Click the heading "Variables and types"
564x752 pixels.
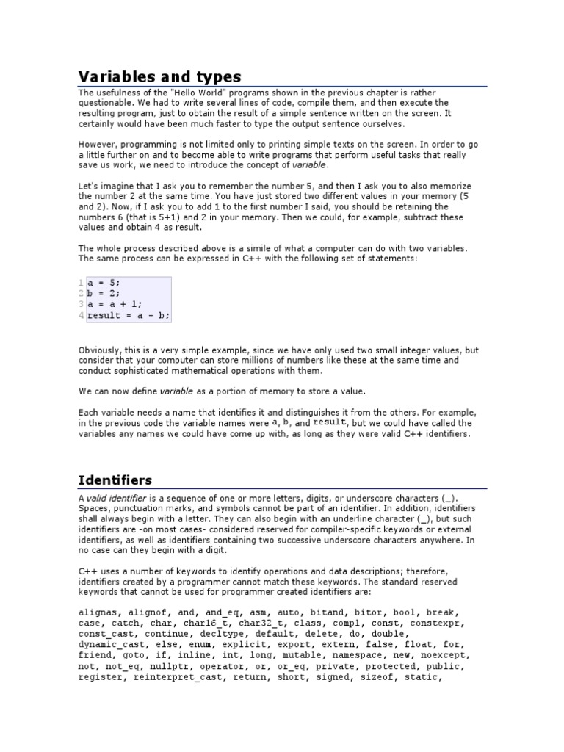pos(159,76)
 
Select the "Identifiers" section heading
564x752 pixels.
pos(115,480)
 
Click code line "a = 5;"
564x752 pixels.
pos(104,282)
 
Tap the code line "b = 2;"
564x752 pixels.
pos(104,293)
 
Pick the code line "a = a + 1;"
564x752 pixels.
pos(115,304)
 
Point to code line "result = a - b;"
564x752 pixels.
pos(129,315)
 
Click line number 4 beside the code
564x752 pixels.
pos(82,315)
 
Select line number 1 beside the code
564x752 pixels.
pos(82,282)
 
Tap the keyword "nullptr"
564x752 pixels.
pos(173,667)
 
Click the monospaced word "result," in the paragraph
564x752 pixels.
pos(329,423)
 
